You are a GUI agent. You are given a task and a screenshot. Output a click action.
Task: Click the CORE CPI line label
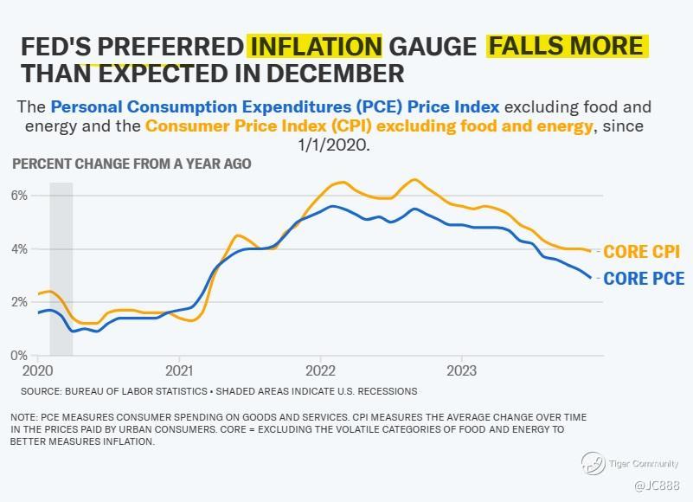click(x=641, y=253)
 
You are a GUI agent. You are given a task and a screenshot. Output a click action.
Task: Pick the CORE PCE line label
click(x=644, y=279)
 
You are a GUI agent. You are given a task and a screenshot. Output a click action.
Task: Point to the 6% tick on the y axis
click(x=19, y=196)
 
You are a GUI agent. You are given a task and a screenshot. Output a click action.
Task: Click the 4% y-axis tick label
click(x=19, y=249)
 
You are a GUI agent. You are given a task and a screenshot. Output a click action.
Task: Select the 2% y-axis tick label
click(x=19, y=302)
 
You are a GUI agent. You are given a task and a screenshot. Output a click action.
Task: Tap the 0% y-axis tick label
click(x=19, y=355)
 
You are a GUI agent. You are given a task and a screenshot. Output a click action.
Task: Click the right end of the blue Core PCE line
click(x=591, y=278)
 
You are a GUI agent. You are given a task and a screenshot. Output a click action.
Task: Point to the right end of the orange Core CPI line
click(x=591, y=251)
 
